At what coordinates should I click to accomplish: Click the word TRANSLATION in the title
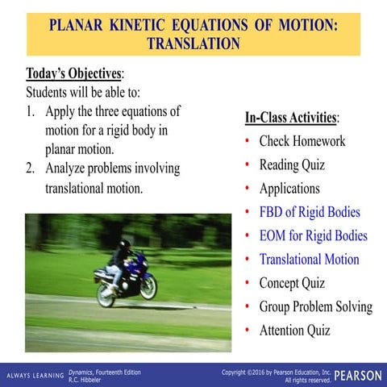tap(193, 43)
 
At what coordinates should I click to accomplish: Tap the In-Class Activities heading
tap(292, 118)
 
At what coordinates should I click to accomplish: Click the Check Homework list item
tap(302, 141)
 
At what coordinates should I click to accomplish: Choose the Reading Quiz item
tap(292, 165)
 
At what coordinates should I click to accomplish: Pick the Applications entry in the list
tap(289, 189)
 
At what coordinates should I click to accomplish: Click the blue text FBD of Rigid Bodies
tap(309, 213)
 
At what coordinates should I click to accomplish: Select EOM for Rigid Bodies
tap(313, 236)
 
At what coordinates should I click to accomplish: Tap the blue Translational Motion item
tap(309, 260)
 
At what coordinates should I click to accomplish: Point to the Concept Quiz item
tap(292, 283)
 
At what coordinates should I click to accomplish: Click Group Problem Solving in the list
tap(315, 306)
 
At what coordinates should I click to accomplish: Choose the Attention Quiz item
tap(294, 330)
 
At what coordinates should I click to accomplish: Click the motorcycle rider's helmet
tap(124, 243)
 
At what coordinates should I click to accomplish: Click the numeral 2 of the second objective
tap(30, 169)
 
